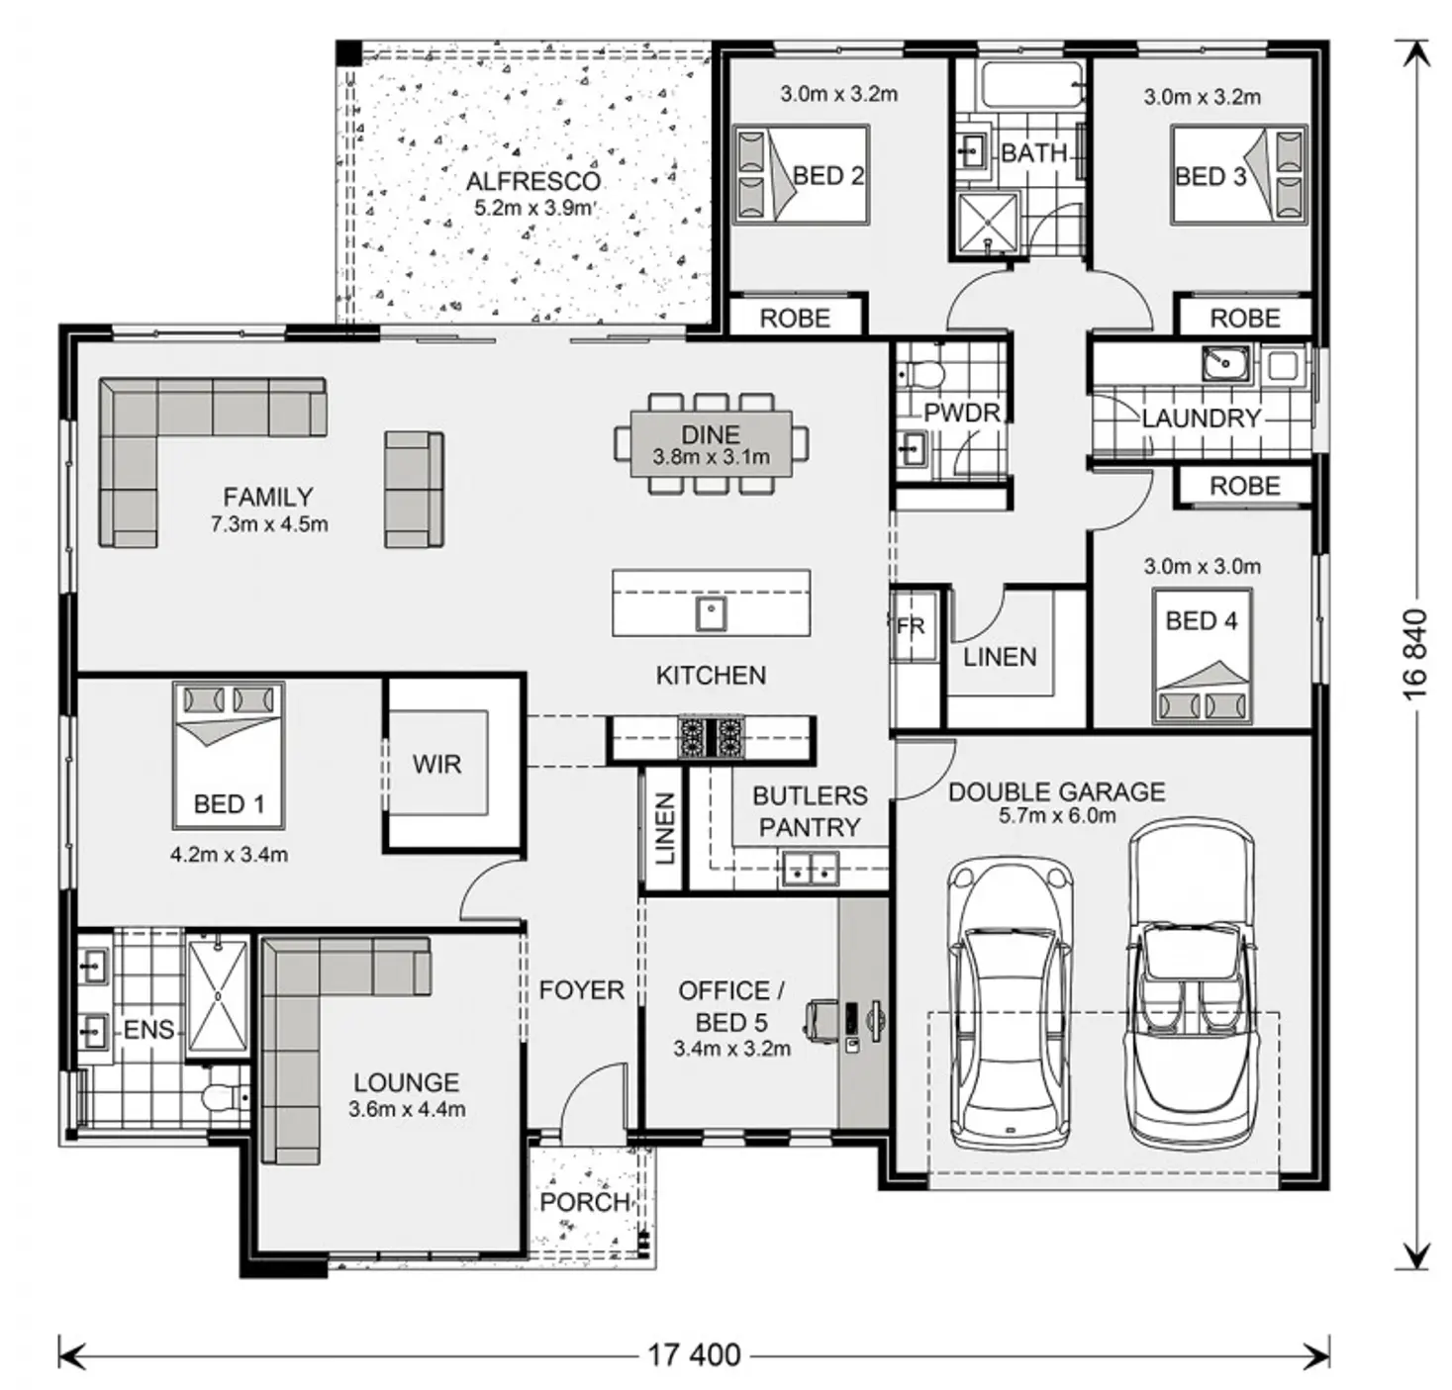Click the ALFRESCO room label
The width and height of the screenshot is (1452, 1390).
point(532,181)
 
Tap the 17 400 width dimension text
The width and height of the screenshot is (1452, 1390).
point(694,1354)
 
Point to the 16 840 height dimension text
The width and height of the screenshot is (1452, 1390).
point(1414,654)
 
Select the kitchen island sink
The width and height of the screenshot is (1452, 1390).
point(711,613)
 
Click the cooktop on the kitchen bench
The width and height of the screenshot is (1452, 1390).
point(711,737)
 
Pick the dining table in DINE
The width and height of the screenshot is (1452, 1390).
point(711,444)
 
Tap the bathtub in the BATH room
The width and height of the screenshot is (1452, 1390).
point(1032,84)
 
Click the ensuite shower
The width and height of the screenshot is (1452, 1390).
point(217,995)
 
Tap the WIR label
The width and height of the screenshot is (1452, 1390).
point(436,764)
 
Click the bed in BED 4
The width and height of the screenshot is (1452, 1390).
point(1202,656)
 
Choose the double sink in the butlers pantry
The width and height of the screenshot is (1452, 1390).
point(810,869)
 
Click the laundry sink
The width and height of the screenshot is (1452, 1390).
point(1224,363)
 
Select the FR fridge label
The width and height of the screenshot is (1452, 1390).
point(911,625)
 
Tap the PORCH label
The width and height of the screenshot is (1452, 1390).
point(585,1202)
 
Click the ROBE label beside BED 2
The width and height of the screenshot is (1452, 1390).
point(795,319)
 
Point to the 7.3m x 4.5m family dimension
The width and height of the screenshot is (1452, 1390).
point(268,524)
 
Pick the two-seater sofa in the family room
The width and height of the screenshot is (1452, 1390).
point(414,489)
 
